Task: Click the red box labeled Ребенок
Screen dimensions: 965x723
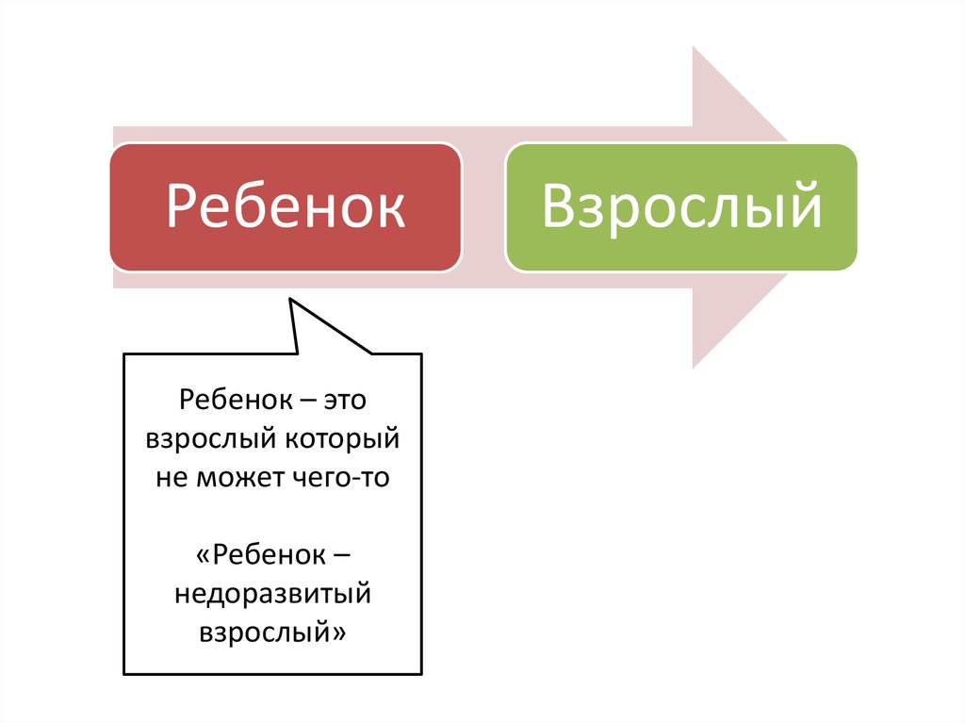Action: coord(286,207)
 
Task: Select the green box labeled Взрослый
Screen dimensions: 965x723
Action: coord(681,207)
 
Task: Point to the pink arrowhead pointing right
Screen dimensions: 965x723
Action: coord(739,207)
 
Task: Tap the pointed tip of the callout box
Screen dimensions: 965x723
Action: coord(290,300)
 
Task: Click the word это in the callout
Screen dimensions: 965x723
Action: coord(345,400)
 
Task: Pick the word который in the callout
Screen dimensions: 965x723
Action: coord(343,439)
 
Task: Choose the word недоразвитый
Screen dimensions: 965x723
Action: coord(272,594)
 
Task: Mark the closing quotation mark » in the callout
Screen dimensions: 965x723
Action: coord(339,633)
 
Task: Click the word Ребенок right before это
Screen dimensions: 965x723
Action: coord(235,400)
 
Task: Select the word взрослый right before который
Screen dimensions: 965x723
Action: coord(210,439)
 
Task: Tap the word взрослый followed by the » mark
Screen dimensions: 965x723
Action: coord(265,633)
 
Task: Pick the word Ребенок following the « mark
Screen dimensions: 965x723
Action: coord(269,555)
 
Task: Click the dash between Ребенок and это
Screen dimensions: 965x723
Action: coord(307,402)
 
